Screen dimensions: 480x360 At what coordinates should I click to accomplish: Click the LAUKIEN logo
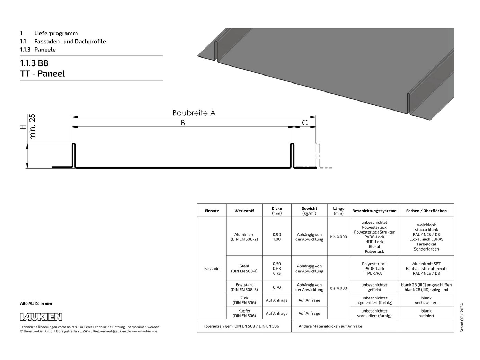pos(41,316)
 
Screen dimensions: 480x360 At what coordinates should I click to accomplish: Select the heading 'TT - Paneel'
pos(42,74)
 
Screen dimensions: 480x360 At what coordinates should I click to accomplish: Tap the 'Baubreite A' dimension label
pos(194,113)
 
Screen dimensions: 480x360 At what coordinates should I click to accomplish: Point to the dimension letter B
pos(183,123)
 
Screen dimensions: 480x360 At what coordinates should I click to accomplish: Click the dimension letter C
pos(305,123)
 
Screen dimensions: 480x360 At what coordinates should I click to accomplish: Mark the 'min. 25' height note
pos(32,127)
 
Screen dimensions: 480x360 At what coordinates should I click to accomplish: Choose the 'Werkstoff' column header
pos(244,211)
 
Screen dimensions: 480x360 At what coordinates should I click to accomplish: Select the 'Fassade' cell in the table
pos(212,269)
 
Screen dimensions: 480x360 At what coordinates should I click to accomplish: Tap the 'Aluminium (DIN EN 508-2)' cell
pos(244,237)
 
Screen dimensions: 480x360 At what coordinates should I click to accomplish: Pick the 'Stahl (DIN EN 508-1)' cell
pos(244,269)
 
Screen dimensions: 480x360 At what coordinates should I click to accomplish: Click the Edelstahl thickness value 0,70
pos(277,287)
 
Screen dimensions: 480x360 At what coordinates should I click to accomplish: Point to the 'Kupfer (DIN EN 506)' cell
pos(244,313)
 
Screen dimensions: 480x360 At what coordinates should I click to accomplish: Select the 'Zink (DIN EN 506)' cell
pos(244,300)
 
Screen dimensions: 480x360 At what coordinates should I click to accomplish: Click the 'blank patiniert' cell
pos(426,313)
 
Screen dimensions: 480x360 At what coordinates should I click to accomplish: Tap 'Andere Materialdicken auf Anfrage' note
pos(330,326)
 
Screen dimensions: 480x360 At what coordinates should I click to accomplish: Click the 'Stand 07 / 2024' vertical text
pos(462,318)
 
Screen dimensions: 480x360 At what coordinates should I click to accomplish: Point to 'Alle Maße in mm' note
pos(36,304)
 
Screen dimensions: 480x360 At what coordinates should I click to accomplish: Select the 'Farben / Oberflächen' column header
pos(426,211)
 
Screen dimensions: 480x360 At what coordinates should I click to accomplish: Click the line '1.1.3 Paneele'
pos(38,50)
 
